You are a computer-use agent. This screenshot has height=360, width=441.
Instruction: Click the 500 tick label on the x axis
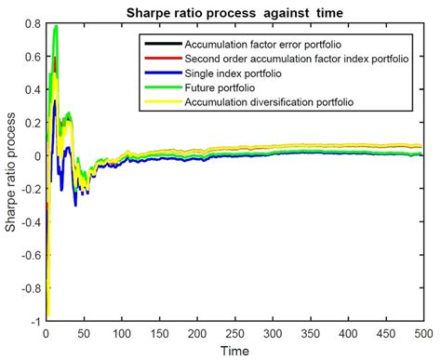pyautogui.click(x=422, y=332)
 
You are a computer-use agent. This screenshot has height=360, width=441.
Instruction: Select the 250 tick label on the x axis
pyautogui.click(x=234, y=332)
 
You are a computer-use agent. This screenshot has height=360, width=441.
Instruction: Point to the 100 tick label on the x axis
pyautogui.click(x=122, y=332)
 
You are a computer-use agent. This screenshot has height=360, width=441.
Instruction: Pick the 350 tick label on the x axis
pyautogui.click(x=310, y=332)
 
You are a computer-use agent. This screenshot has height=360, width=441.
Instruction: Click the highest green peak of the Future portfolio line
pyautogui.click(x=56, y=27)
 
